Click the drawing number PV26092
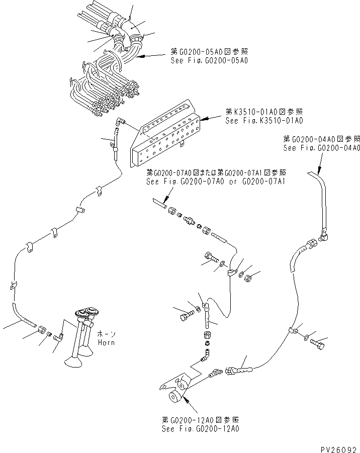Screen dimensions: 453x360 [x=337, y=445]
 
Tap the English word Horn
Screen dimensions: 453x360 [x=106, y=342]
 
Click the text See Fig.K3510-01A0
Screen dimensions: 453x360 [x=264, y=121]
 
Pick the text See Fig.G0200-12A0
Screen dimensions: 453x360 [x=200, y=429]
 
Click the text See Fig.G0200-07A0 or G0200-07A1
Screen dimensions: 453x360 [x=215, y=181]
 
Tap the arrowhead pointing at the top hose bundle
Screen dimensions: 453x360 [x=142, y=57]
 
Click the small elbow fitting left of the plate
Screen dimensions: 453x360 [x=119, y=120]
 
